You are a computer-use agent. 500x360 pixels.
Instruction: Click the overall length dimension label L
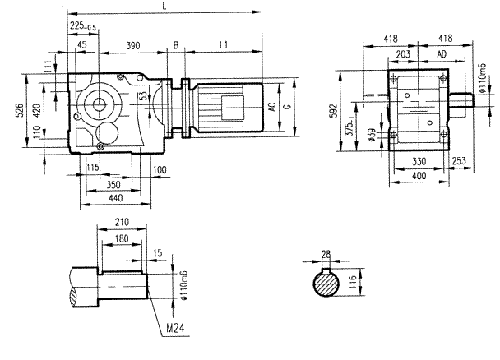point(169,7)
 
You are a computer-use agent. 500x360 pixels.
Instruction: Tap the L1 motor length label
point(224,43)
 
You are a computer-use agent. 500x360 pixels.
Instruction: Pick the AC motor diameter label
point(271,107)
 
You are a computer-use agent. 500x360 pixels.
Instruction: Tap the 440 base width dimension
point(115,200)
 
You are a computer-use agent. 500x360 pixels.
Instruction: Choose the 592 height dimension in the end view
point(333,111)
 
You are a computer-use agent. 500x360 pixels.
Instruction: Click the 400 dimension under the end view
point(419,177)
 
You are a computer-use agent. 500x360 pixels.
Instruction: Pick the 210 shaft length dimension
point(123,223)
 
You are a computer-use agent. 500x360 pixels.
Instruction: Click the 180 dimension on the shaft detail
point(122,238)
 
